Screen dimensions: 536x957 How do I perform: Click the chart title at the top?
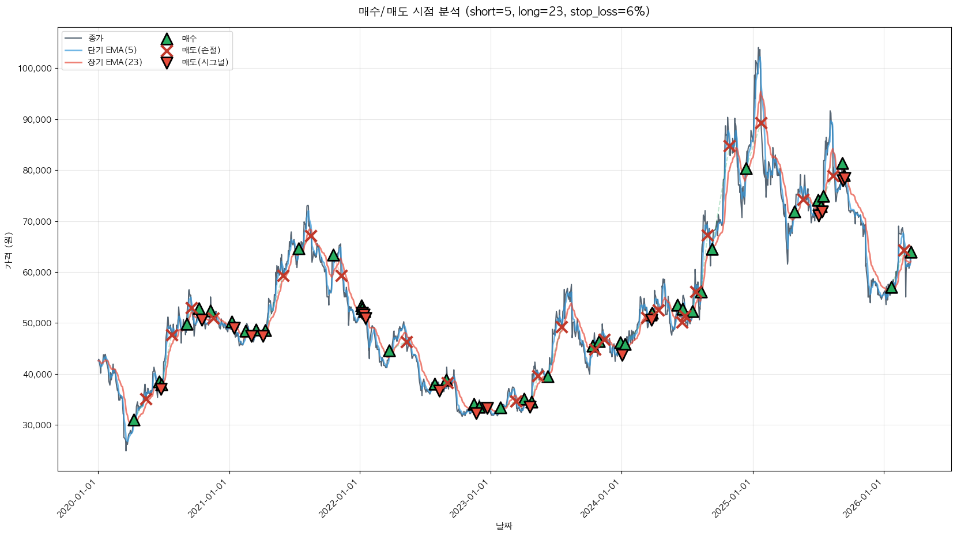pos(504,12)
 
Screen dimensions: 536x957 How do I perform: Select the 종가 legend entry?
pos(96,39)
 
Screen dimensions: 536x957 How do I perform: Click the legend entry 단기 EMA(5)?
pos(112,50)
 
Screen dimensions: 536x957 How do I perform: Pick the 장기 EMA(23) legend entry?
pos(115,62)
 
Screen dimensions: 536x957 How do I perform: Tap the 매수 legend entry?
pos(189,39)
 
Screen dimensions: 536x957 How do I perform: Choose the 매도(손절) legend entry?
pos(201,50)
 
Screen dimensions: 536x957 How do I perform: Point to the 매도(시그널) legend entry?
pos(205,62)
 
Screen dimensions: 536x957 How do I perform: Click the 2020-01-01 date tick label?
pos(78,499)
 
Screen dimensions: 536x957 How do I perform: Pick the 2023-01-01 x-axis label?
pos(470,499)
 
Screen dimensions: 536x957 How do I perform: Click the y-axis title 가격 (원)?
pos(8,250)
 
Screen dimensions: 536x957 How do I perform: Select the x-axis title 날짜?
pos(504,526)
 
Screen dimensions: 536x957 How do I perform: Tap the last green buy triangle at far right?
pos(911,252)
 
